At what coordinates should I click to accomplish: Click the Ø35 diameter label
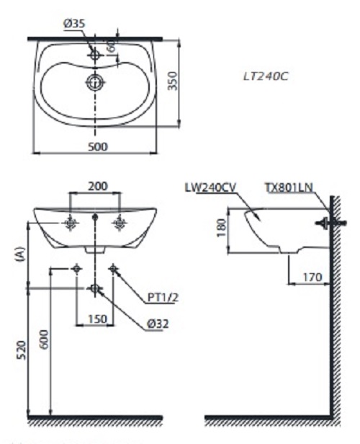pyautogui.click(x=74, y=24)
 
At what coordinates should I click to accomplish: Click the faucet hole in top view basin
pyautogui.click(x=94, y=54)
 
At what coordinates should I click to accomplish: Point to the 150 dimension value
pyautogui.click(x=96, y=319)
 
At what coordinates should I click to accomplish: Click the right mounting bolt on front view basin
pyautogui.click(x=120, y=225)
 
